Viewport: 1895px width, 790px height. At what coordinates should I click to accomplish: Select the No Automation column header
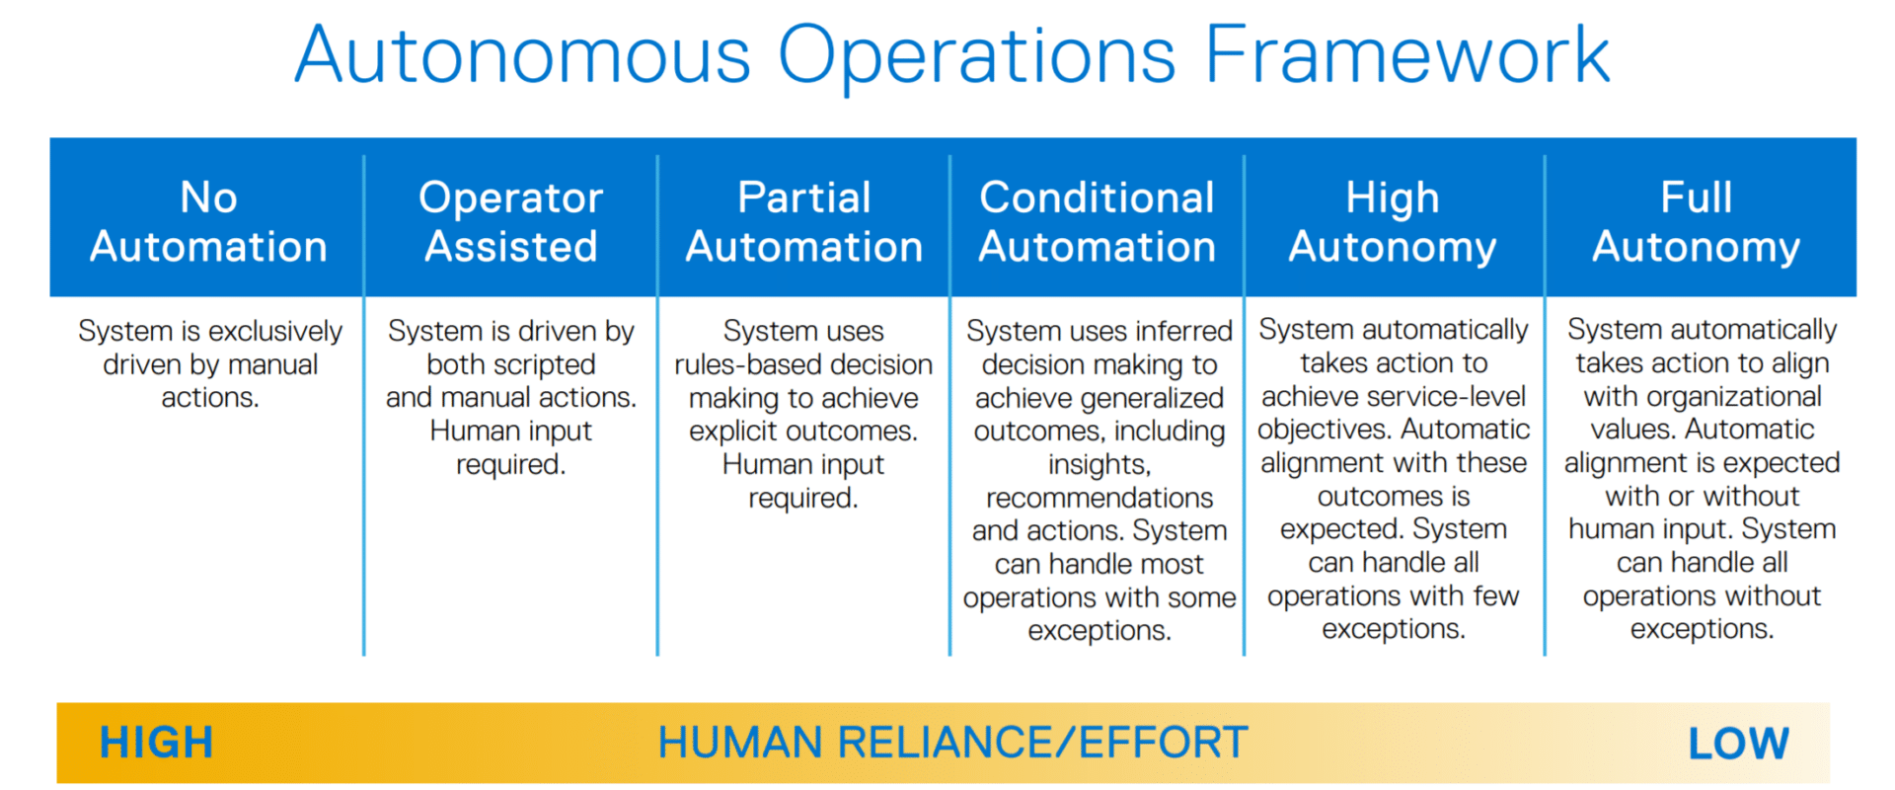click(208, 222)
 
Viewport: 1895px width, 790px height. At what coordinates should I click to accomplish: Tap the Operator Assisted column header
click(511, 222)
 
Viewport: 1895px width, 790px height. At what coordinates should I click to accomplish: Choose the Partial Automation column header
click(804, 222)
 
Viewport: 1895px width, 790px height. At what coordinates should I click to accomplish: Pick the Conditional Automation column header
click(1098, 222)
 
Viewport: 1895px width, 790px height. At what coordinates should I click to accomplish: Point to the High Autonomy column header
click(1393, 223)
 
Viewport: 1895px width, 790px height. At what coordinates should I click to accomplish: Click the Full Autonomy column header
click(1697, 223)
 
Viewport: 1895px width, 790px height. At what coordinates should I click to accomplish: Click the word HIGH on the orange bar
click(156, 743)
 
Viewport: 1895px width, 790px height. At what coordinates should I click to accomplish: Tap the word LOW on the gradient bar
click(1738, 744)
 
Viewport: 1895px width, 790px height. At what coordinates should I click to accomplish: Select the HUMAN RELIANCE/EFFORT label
click(952, 743)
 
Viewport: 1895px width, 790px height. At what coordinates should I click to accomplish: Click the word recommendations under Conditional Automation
click(1099, 498)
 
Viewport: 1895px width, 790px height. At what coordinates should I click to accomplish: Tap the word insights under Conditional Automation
click(1099, 464)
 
